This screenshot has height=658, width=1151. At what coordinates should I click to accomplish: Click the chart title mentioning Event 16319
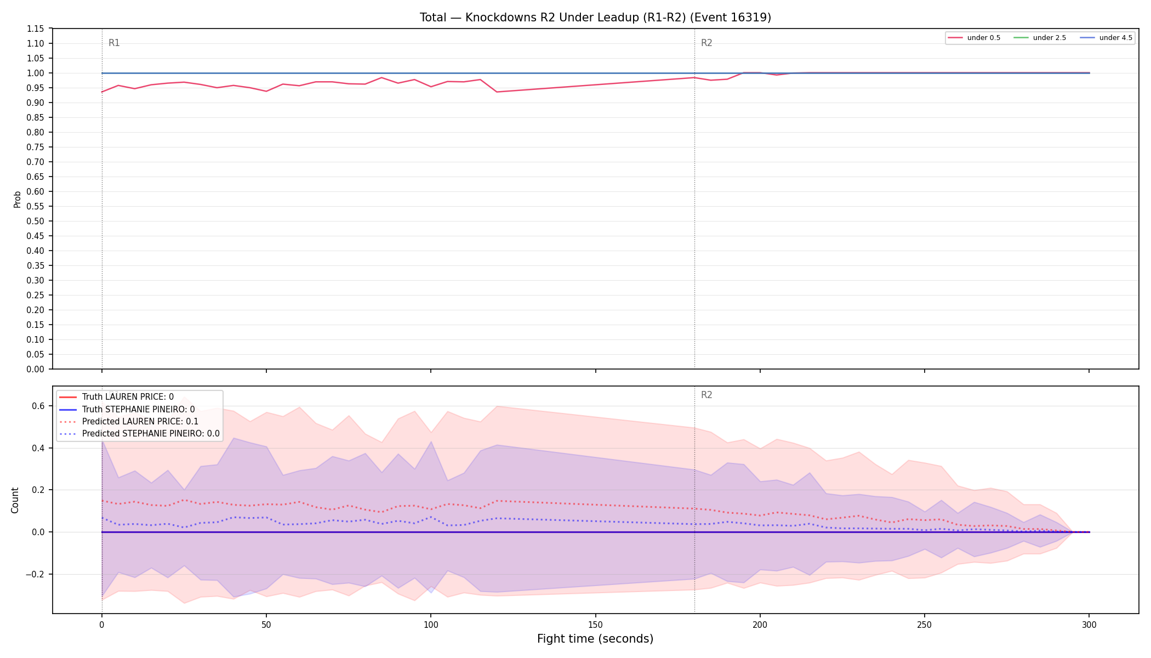pyautogui.click(x=595, y=18)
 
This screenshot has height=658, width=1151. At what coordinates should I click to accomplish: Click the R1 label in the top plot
pyautogui.click(x=114, y=43)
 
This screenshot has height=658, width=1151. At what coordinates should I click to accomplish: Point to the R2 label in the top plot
pyautogui.click(x=706, y=43)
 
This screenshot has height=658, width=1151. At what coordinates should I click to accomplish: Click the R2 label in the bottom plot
pyautogui.click(x=706, y=395)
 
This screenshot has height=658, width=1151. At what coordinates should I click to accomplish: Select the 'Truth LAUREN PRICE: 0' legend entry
pyautogui.click(x=128, y=397)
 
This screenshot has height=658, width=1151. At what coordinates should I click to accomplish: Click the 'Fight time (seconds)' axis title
pyautogui.click(x=595, y=639)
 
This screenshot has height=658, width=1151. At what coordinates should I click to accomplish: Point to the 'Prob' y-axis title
pyautogui.click(x=17, y=199)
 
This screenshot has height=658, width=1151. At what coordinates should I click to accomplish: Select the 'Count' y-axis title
pyautogui.click(x=15, y=500)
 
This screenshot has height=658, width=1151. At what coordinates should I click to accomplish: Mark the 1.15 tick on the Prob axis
pyautogui.click(x=36, y=29)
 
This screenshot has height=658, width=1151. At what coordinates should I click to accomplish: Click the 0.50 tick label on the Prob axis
pyautogui.click(x=36, y=221)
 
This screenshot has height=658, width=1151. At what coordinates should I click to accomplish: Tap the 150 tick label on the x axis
pyautogui.click(x=595, y=625)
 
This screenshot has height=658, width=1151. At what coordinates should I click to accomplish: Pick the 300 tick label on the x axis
pyautogui.click(x=1089, y=625)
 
